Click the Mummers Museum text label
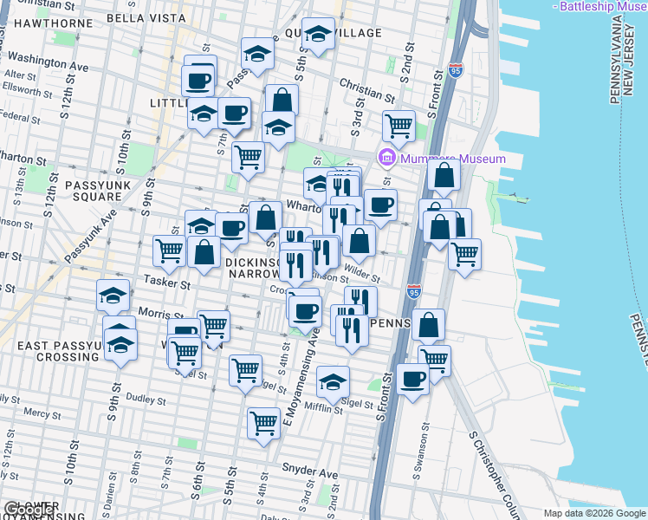(451, 159)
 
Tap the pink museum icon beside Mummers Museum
(386, 159)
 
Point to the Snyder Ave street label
(309, 472)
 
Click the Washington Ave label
(49, 64)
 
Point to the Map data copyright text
(594, 513)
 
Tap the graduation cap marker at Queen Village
(318, 35)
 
